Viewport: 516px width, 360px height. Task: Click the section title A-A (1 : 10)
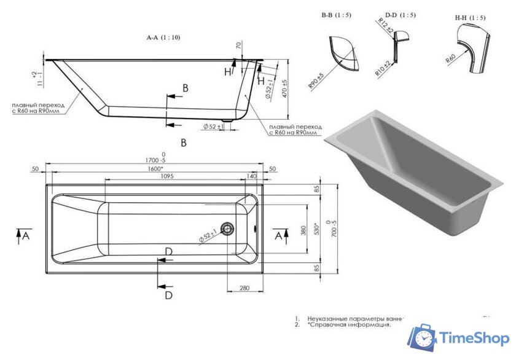pos(163,37)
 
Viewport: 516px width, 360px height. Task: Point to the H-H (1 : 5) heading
pos(470,18)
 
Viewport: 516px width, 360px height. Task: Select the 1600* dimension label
pos(155,168)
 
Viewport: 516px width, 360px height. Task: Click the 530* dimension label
pos(317,229)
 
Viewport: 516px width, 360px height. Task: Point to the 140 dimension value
pos(251,176)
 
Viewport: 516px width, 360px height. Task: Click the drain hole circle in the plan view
pos(229,229)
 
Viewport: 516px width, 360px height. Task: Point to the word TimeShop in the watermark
pos(472,338)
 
